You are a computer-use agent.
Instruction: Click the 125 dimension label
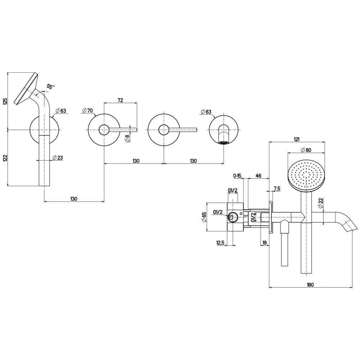(5, 101)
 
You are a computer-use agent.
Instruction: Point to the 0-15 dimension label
(237, 175)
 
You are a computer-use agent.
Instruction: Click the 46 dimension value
(258, 175)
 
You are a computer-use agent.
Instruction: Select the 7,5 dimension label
(276, 188)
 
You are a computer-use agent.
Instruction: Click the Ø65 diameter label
(204, 217)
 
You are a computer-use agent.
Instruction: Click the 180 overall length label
(310, 284)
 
